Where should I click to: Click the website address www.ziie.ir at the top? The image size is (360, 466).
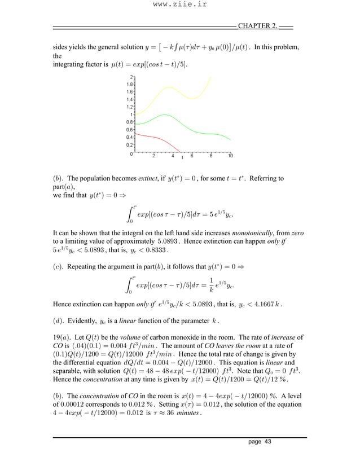[x=179, y=5]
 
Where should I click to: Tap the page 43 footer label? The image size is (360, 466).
[x=260, y=442]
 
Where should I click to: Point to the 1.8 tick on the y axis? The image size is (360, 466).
[x=129, y=83]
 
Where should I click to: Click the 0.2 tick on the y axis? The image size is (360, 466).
[x=129, y=144]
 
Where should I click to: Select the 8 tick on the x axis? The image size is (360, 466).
[x=210, y=156]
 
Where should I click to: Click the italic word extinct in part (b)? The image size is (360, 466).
[x=151, y=179]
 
